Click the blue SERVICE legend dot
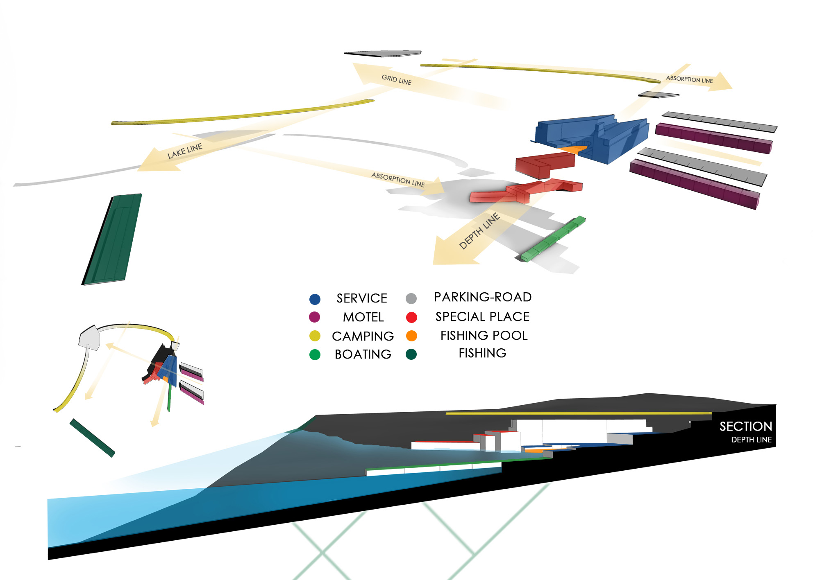point(315,299)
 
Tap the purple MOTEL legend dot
point(314,317)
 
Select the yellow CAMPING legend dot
point(315,336)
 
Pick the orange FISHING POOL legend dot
point(411,336)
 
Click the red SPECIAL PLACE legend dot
point(411,317)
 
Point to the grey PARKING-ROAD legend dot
point(411,298)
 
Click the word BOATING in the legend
point(363,354)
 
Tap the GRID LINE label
point(396,79)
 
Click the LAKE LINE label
point(184,151)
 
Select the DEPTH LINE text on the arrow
point(479,231)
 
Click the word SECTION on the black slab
point(745,427)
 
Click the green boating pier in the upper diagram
point(553,239)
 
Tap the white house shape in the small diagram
point(89,338)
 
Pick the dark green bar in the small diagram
point(92,438)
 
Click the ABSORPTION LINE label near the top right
point(689,79)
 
